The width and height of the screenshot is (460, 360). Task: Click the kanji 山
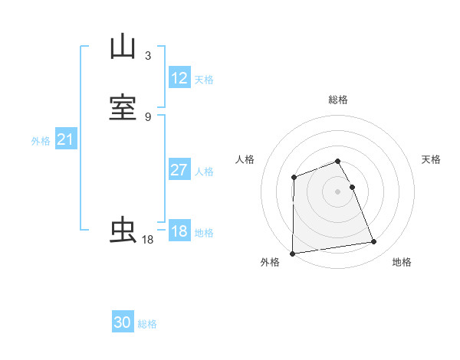click(x=123, y=47)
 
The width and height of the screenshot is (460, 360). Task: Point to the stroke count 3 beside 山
click(x=148, y=55)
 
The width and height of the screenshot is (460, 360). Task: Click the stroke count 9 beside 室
click(x=148, y=116)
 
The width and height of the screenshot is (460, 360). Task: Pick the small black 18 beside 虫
click(x=148, y=240)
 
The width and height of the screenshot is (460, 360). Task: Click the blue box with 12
click(x=179, y=78)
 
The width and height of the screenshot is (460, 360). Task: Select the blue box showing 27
click(x=179, y=170)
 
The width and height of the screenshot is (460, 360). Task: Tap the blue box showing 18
click(x=179, y=231)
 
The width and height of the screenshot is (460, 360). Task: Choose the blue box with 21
click(x=65, y=139)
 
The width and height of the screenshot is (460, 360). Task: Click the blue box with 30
click(x=123, y=323)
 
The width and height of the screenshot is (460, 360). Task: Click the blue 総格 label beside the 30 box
click(x=147, y=324)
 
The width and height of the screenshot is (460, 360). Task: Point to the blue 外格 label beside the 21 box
click(x=41, y=141)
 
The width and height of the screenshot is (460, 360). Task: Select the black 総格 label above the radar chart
click(x=338, y=100)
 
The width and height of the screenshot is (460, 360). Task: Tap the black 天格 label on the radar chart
click(x=431, y=159)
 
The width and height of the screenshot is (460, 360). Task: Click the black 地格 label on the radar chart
click(x=402, y=262)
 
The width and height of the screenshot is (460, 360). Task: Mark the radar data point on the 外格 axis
click(x=292, y=254)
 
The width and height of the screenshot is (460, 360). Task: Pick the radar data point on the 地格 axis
click(x=374, y=242)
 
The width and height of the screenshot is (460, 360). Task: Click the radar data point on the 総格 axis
click(x=338, y=161)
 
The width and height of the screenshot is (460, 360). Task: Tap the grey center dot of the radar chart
click(x=338, y=191)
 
